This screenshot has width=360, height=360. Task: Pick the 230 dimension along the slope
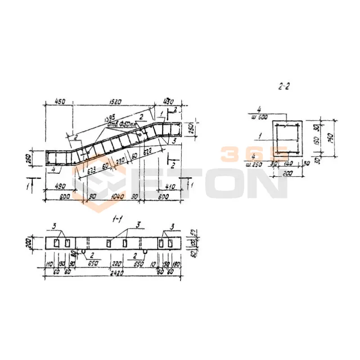pos(120,161)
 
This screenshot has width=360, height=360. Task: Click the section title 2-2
pos(284,87)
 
